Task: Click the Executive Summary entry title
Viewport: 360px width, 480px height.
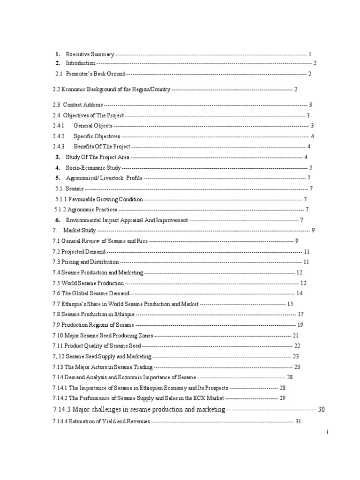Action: pyautogui.click(x=90, y=54)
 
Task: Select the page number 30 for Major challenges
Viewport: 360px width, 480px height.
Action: pyautogui.click(x=321, y=409)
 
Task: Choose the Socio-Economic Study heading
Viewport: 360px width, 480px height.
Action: pyautogui.click(x=93, y=167)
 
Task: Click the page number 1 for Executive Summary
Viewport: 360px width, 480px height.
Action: pyautogui.click(x=310, y=54)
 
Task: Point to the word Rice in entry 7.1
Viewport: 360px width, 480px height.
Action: pyautogui.click(x=142, y=241)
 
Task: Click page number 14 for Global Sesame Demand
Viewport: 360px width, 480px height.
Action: pyautogui.click(x=300, y=293)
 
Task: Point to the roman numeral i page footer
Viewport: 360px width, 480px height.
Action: pyautogui.click(x=327, y=433)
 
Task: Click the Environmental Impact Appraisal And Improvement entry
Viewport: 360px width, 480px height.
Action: pyautogui.click(x=127, y=220)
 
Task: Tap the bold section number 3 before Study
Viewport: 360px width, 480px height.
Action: pyautogui.click(x=58, y=157)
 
